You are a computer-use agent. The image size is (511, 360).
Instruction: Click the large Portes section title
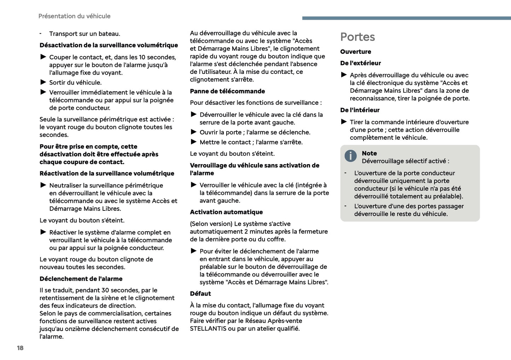point(358,37)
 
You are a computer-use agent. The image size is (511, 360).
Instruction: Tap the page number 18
point(20,348)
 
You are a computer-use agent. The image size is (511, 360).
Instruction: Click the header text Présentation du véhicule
point(74,16)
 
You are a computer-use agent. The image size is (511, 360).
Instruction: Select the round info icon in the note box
point(350,156)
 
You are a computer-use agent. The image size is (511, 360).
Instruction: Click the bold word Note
point(369,153)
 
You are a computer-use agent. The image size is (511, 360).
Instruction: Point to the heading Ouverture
point(355,52)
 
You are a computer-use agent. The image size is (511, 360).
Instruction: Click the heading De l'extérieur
point(360,63)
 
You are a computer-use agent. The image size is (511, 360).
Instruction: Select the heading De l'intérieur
point(360,110)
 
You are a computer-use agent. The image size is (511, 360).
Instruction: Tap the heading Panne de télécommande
point(227,91)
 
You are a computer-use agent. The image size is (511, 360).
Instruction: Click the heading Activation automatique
point(226,212)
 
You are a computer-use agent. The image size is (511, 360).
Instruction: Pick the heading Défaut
point(200,294)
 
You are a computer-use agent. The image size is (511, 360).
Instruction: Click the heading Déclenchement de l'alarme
point(81,279)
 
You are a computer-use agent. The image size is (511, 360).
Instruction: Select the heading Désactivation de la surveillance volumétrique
point(109,45)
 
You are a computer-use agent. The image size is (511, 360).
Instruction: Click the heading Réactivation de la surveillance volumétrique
point(107,173)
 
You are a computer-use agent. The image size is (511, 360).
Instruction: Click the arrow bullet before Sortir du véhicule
point(43,82)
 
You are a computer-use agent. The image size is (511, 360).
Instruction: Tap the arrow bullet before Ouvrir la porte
point(194,132)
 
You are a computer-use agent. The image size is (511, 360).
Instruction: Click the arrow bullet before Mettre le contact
point(194,142)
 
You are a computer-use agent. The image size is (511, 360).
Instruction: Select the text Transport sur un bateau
point(85,34)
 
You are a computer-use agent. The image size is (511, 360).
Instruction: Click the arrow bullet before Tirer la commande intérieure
point(344,122)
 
